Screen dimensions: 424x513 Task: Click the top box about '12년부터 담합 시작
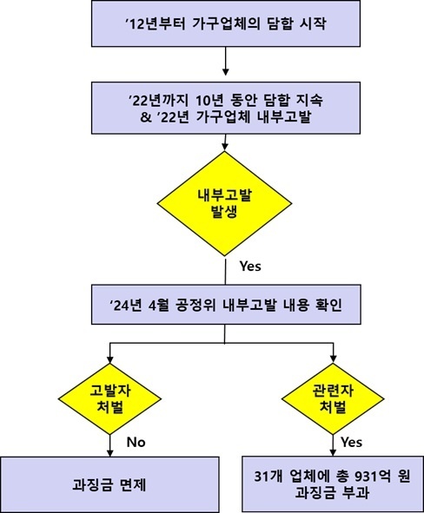[x=226, y=23]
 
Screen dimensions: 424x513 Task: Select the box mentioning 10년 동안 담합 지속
[x=226, y=108]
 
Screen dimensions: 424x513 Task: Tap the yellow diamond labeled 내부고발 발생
[x=225, y=203]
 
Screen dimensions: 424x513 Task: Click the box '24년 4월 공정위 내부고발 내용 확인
[x=226, y=305]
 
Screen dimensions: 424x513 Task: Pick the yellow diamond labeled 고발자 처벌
[x=109, y=398]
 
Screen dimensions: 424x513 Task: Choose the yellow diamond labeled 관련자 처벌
[x=333, y=398]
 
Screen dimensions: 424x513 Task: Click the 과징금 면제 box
[x=109, y=484]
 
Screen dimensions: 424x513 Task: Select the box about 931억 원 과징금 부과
[x=333, y=483]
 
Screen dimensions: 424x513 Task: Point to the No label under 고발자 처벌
[x=136, y=443]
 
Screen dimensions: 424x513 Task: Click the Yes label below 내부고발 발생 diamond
[x=250, y=266]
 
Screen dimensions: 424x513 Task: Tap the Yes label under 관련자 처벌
[x=351, y=443]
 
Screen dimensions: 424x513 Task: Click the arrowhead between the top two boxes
[x=226, y=72]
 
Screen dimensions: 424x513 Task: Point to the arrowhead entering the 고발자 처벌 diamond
[x=110, y=359]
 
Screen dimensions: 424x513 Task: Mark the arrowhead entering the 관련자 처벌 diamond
[x=334, y=359]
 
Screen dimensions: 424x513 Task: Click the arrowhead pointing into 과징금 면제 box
[x=110, y=453]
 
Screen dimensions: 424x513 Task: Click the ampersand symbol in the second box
[x=146, y=117]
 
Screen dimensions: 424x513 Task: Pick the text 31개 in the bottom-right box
[x=269, y=477]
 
